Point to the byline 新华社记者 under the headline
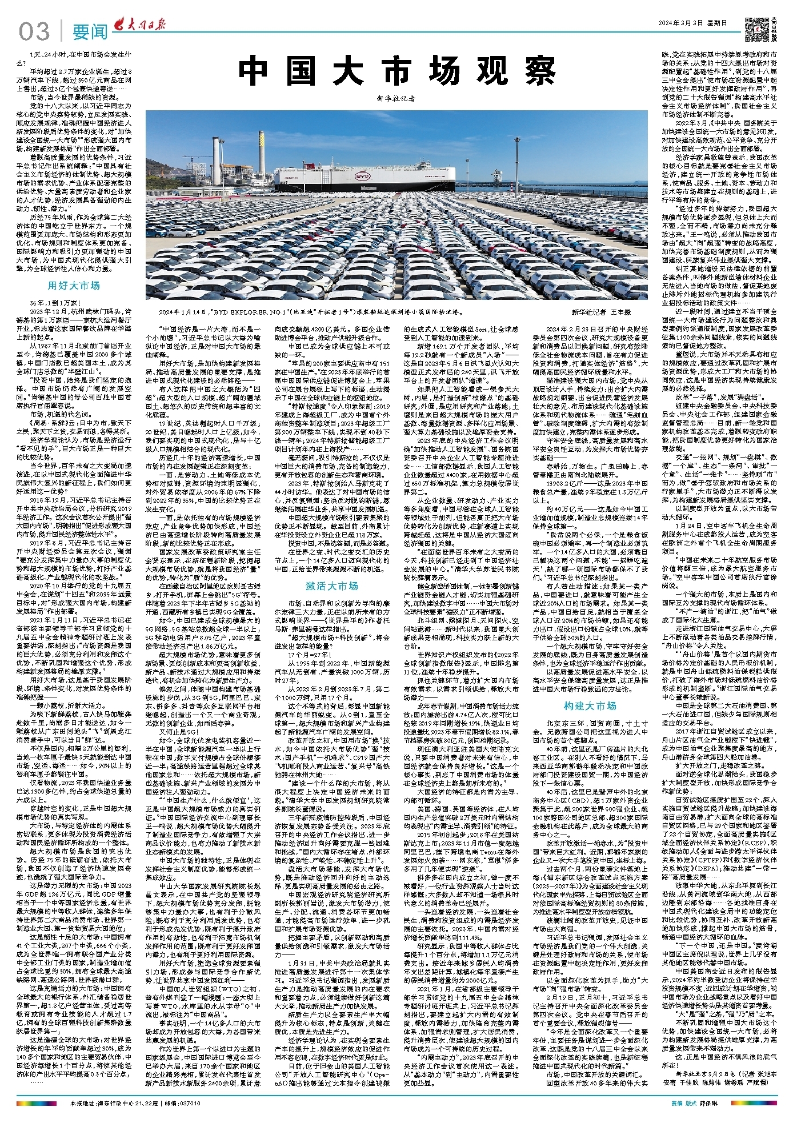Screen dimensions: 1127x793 [394, 99]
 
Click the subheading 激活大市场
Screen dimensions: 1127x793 [331, 585]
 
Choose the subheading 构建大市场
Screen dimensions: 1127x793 [590, 705]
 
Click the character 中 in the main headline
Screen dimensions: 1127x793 [256, 72]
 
